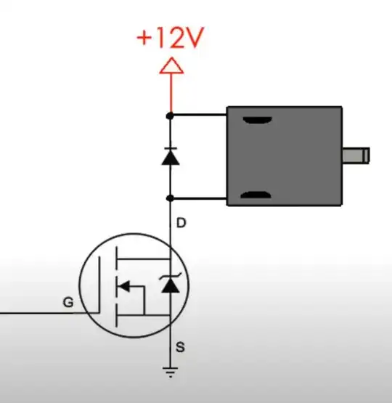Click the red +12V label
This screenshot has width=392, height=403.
tap(171, 38)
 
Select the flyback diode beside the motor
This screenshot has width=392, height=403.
tap(171, 157)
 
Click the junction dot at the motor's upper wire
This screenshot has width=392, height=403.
tap(170, 116)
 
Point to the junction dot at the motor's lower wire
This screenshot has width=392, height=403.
tap(170, 198)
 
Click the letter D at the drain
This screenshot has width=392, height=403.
tap(181, 223)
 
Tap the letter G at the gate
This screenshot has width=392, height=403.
tap(68, 302)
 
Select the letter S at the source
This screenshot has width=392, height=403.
tap(180, 347)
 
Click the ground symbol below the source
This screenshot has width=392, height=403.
tap(170, 372)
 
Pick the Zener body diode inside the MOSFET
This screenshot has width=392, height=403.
tap(171, 283)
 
